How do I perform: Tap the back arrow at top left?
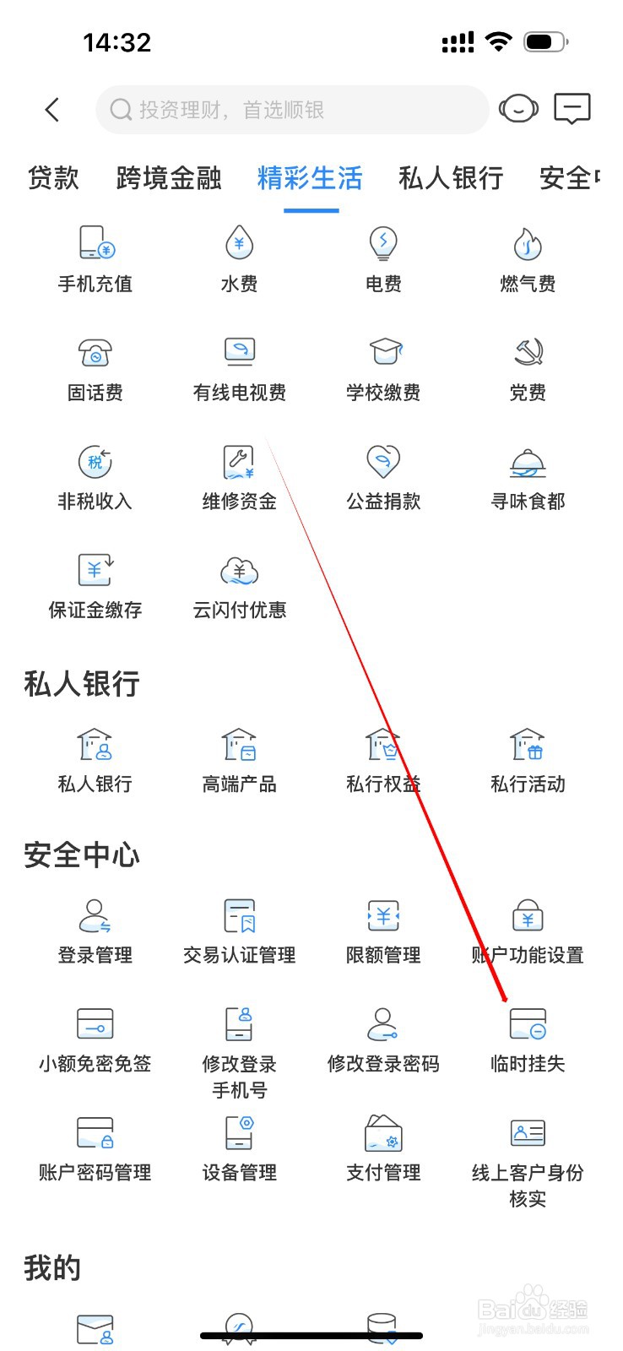pos(52,110)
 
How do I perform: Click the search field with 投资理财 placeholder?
pos(292,110)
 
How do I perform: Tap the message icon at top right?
pos(572,109)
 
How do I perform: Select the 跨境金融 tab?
pos(169,178)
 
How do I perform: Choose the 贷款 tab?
pos(53,178)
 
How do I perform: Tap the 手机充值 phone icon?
pos(95,243)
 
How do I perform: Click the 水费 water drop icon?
pos(240,243)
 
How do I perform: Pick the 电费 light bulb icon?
pos(383,243)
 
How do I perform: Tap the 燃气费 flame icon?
pos(528,243)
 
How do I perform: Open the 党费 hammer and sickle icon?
pos(528,352)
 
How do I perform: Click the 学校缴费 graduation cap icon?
pos(384,352)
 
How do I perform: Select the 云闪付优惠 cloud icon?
pos(240,571)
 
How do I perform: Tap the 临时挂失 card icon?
pos(528,1023)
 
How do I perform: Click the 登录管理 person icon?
pos(95,915)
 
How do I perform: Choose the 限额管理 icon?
pos(383,915)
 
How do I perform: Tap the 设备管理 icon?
pos(240,1132)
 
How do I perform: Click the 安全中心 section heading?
pos(82,855)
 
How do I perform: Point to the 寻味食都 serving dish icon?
pos(528,462)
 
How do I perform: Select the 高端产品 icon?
pos(240,745)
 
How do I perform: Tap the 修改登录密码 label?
pos(383,1064)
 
